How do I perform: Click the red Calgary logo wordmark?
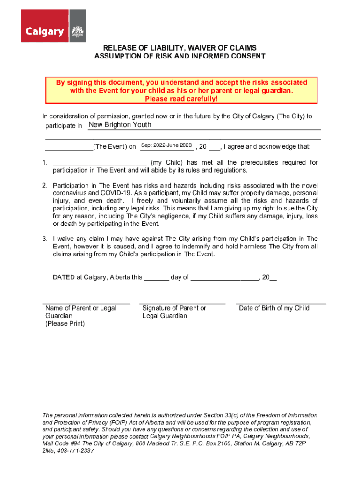[x=44, y=32]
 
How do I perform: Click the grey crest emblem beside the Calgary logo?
[x=77, y=31]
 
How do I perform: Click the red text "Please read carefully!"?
[x=181, y=99]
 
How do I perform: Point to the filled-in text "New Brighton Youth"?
[x=120, y=125]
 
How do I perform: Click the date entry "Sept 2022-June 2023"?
[x=166, y=145]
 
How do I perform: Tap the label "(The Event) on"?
[x=115, y=147]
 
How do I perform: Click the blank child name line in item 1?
[x=100, y=163]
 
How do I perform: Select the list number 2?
[x=44, y=186]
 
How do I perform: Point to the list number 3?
[x=44, y=239]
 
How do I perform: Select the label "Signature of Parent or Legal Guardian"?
[x=174, y=312]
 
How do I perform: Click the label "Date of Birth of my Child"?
[x=274, y=308]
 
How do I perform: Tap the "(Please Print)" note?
[x=65, y=324]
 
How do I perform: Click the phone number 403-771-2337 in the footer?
[x=75, y=451]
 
